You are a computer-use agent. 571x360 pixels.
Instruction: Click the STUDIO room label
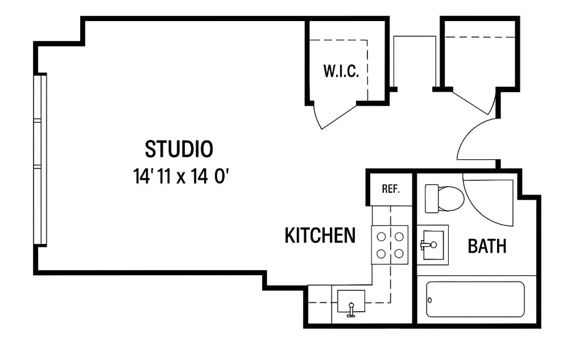pos(179,149)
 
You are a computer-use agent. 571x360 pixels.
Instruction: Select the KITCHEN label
pos(320,235)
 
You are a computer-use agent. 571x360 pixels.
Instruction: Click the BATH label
pos(487,246)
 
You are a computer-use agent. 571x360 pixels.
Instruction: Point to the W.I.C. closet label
pos(341,72)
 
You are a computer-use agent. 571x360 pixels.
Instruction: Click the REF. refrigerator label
pos(391,189)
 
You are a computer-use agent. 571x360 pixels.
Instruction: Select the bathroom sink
pos(433,245)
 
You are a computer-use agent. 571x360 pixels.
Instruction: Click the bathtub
pos(475,299)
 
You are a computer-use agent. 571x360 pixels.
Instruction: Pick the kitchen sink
pos(351,303)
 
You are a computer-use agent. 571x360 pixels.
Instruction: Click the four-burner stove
pos(390,245)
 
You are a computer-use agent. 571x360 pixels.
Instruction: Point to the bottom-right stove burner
pos(399,253)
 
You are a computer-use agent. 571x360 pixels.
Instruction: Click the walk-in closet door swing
pos(333,117)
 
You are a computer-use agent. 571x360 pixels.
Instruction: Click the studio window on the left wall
pos(40,160)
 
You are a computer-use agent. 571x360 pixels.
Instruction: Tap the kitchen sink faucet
pos(351,309)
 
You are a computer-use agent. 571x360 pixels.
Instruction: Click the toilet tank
pos(432,198)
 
